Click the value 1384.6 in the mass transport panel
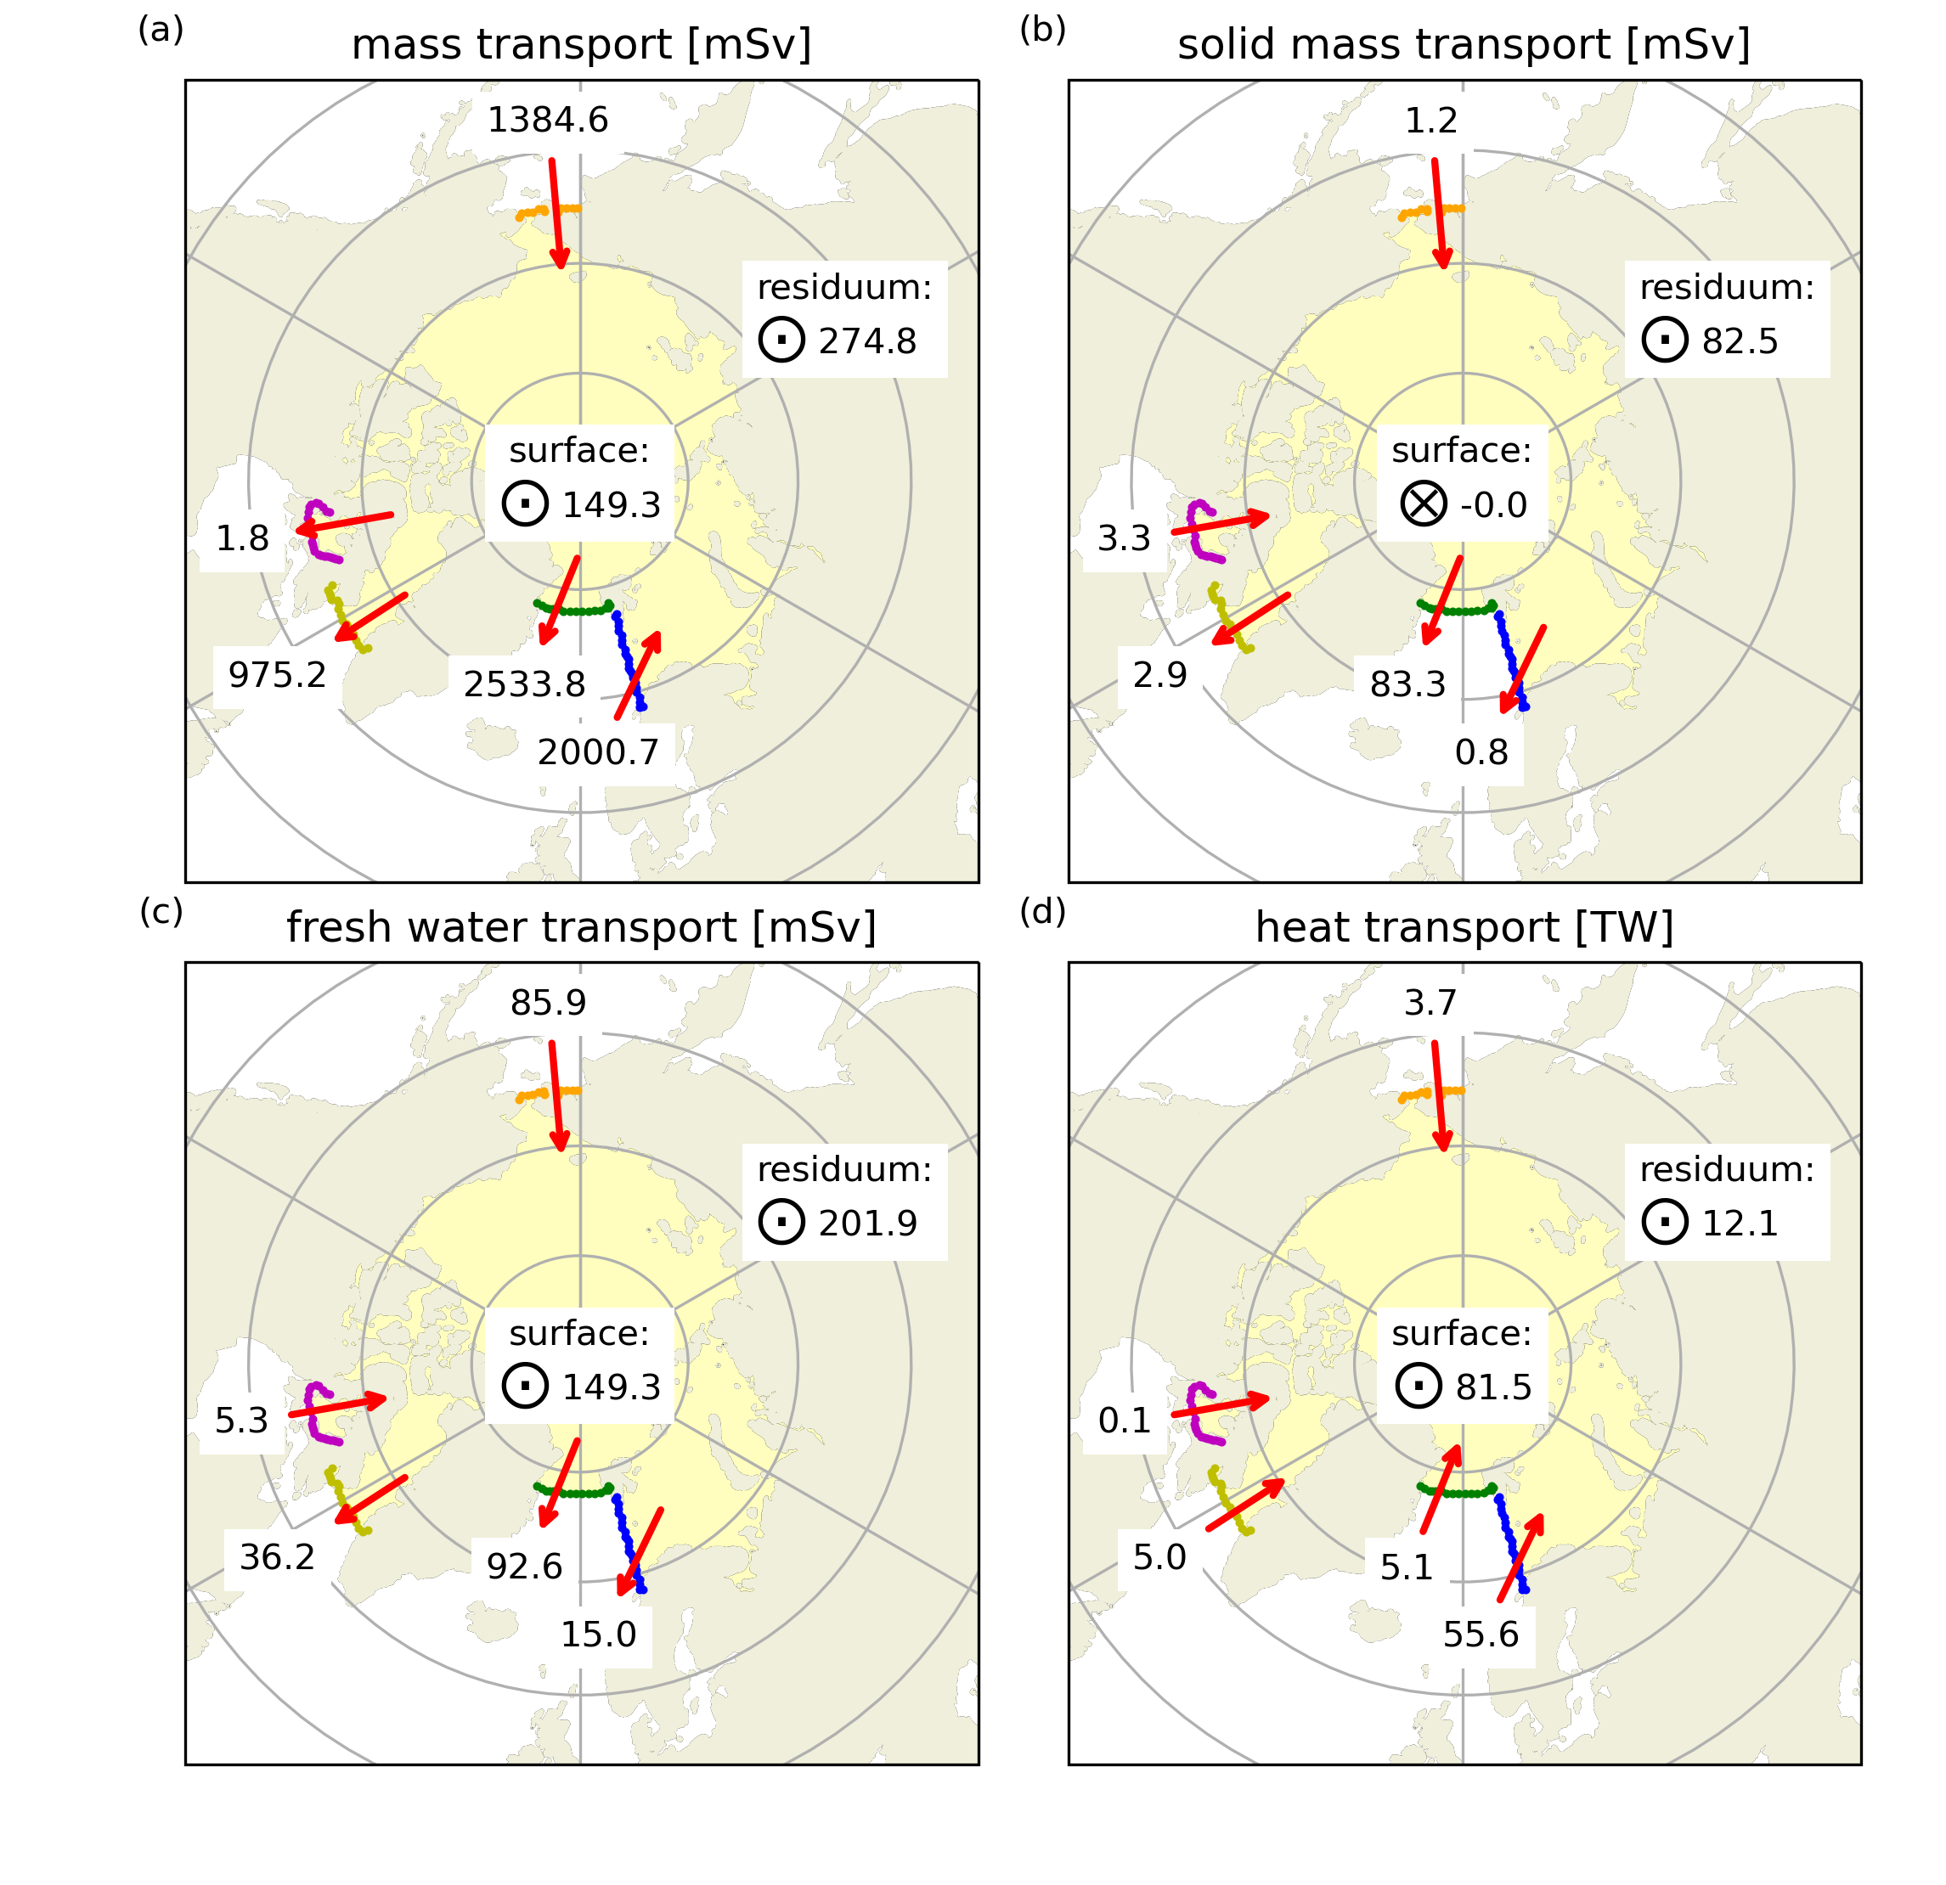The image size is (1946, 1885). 547,120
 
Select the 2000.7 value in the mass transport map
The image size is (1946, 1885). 598,752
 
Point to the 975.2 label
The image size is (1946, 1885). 277,675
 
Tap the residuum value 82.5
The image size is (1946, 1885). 1740,341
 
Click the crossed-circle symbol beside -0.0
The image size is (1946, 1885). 1423,504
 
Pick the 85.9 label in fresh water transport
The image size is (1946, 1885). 548,1004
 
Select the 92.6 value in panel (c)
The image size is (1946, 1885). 524,1567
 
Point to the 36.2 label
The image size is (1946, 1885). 277,1557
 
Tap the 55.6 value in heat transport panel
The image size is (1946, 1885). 1481,1635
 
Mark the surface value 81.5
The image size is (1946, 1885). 1493,1387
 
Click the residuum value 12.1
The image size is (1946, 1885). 1740,1224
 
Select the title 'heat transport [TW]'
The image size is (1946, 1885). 1464,928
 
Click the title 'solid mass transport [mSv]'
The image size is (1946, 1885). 1464,46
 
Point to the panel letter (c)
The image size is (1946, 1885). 161,912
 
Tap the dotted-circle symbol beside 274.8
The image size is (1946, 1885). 781,340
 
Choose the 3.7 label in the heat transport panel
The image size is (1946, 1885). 1430,1004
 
